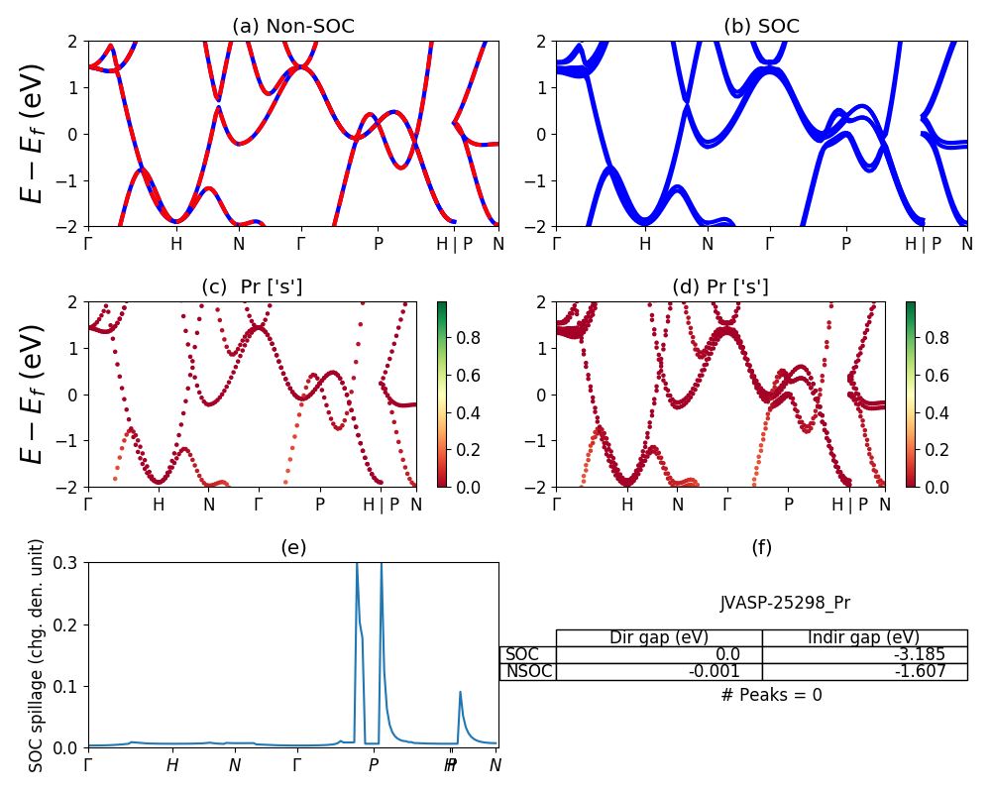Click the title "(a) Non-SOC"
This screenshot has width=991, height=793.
pos(293,27)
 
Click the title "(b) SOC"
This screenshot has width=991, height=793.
pos(761,27)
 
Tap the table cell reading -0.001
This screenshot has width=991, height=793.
pos(659,671)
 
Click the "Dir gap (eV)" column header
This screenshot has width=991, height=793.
pos(659,637)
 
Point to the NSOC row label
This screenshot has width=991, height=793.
pos(527,671)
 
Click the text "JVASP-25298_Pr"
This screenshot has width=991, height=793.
pos(785,603)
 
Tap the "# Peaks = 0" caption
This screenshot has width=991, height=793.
pos(772,695)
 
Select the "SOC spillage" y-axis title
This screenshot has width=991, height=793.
pos(37,655)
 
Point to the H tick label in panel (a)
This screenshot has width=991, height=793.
pos(176,244)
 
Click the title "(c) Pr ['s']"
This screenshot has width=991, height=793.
pos(252,287)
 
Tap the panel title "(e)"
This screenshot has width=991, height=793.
pos(293,547)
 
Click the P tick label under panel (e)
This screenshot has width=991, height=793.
pos(374,765)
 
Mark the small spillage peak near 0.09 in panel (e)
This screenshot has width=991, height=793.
pos(460,693)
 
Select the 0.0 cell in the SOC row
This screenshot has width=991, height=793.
pos(659,654)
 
